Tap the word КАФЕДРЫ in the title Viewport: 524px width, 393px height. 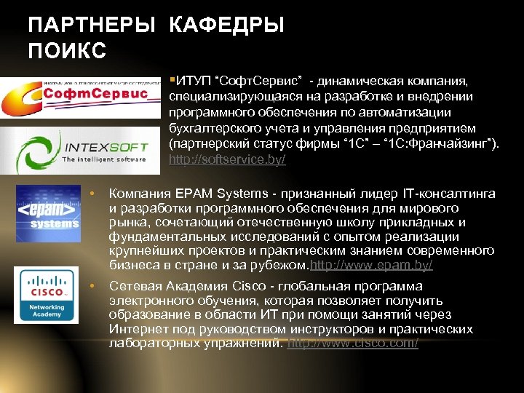(x=226, y=26)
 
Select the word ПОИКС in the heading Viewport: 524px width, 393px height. (x=67, y=52)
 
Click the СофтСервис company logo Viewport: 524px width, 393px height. (x=79, y=95)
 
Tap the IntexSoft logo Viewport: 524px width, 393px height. (x=79, y=148)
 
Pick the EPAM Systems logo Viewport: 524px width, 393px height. (x=47, y=214)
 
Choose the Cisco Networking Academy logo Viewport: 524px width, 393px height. (x=47, y=295)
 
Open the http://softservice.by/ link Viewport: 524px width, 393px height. (x=227, y=159)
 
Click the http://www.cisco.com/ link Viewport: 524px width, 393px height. (x=353, y=343)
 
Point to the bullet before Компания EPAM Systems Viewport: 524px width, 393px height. (x=92, y=194)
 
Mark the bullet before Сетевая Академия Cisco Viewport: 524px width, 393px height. (x=92, y=287)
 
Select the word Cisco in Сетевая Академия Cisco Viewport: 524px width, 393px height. (x=256, y=286)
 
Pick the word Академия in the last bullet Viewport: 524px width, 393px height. (x=200, y=286)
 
